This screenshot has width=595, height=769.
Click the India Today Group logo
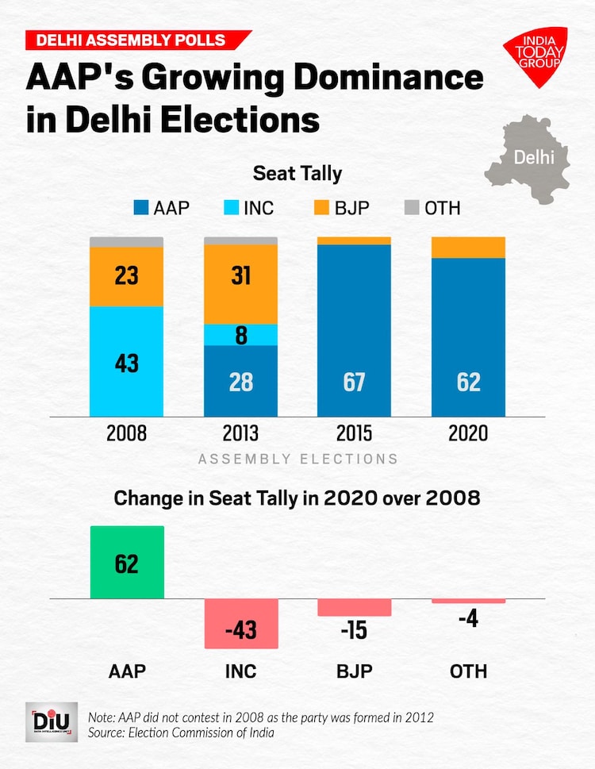[534, 56]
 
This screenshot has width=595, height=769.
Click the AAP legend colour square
[141, 209]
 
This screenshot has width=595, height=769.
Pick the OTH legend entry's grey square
[411, 209]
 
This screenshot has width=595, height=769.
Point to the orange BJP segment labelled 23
[127, 276]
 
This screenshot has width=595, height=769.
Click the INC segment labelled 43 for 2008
[127, 361]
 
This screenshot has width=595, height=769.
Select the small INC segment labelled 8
[241, 335]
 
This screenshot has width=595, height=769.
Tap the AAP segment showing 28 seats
[241, 381]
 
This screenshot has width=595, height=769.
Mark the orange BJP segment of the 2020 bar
[468, 248]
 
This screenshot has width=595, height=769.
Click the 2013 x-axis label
[241, 434]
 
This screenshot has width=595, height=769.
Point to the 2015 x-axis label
[354, 434]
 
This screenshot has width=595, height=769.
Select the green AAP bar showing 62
[127, 562]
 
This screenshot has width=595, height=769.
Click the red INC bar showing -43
[241, 623]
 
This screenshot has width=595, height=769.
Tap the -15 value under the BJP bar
[354, 632]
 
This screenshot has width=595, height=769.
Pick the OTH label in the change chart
[468, 671]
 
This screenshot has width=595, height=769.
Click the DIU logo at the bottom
[52, 721]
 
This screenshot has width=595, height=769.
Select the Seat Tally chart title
[297, 172]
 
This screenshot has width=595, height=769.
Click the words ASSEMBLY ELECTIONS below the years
[297, 459]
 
